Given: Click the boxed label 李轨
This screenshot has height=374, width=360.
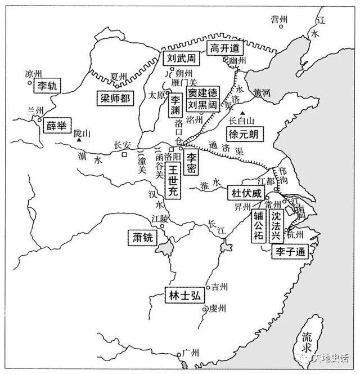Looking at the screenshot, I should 46,86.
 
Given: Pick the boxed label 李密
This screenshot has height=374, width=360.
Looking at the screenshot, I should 193,158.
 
